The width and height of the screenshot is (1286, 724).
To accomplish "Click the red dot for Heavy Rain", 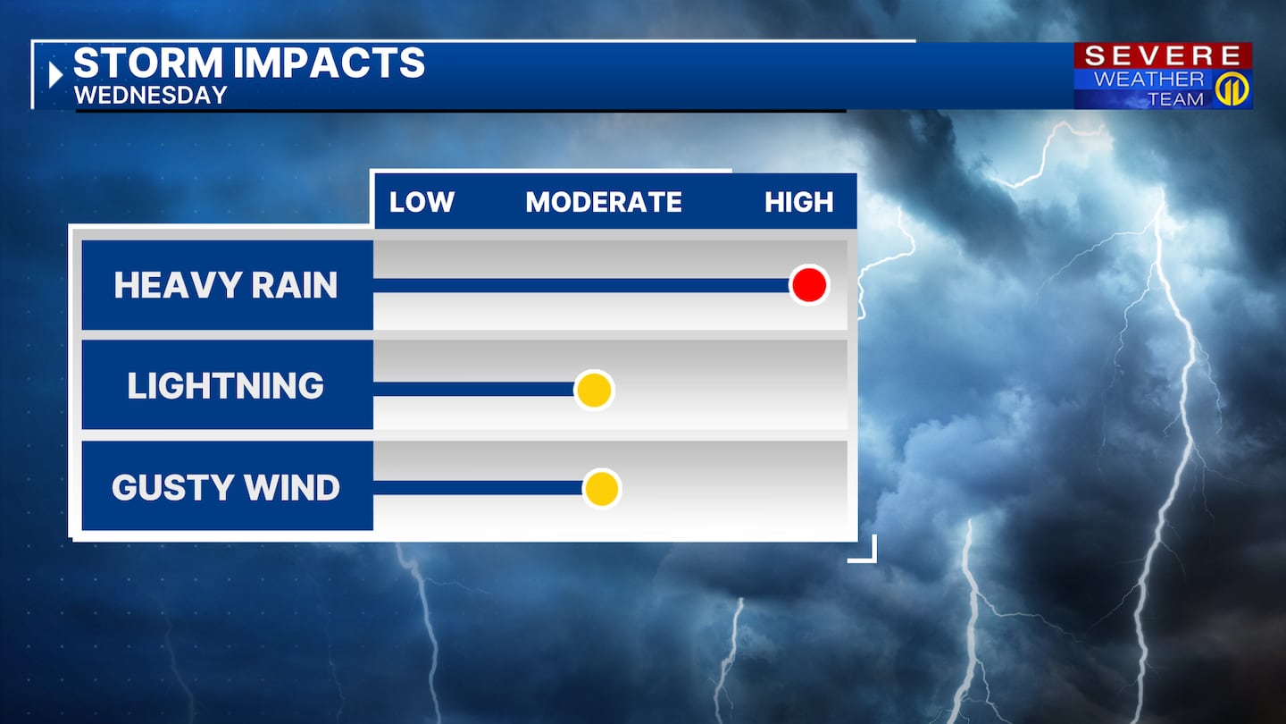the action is [x=809, y=285].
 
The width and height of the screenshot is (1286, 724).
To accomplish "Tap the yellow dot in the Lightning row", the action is [x=594, y=390].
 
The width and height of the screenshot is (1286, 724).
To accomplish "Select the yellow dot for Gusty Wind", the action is [x=602, y=489].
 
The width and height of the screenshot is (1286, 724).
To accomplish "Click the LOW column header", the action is [x=422, y=202].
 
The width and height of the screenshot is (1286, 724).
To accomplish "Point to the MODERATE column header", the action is [x=604, y=202].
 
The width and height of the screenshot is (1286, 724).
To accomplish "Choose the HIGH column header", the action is [x=799, y=202].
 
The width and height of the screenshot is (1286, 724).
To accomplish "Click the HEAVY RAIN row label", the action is [x=226, y=285].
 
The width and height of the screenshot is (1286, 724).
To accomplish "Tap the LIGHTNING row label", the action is [x=226, y=385].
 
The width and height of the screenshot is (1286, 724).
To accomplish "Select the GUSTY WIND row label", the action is [x=226, y=487].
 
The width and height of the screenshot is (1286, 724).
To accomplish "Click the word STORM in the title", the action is [x=148, y=62].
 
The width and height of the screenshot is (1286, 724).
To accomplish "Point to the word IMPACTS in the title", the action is [x=329, y=62].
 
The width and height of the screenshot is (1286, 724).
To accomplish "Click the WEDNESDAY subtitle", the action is [x=151, y=96].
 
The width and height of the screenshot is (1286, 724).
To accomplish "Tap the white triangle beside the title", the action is [x=55, y=75].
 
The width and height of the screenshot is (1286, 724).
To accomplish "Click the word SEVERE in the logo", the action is [x=1163, y=55].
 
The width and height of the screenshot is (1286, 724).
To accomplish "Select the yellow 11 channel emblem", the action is [x=1233, y=89].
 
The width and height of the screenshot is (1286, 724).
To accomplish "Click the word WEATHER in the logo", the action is [x=1148, y=79].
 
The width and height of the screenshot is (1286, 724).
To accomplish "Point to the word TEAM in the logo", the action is [x=1176, y=99].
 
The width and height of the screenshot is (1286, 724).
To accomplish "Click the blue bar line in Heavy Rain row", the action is [x=581, y=286].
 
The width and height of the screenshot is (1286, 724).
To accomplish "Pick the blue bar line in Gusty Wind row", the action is [x=479, y=488].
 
